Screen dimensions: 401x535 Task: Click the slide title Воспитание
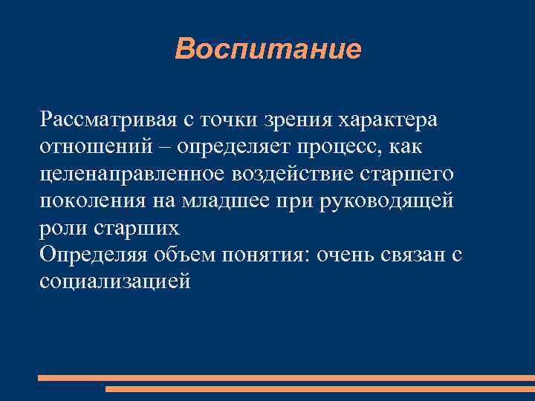(x=268, y=49)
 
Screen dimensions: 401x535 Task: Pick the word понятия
(x=268, y=255)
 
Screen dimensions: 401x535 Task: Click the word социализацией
(x=115, y=282)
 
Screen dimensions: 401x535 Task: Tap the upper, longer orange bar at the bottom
(x=286, y=377)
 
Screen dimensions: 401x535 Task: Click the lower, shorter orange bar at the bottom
(x=320, y=389)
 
